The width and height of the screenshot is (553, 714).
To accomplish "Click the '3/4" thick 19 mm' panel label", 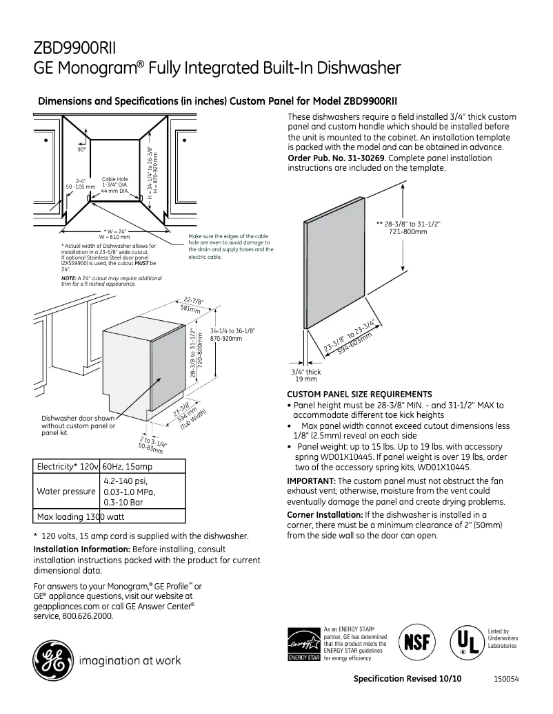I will coord(306,375).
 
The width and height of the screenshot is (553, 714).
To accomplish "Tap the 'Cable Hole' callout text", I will coord(114,178).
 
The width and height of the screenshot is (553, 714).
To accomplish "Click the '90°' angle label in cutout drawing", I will coord(81,149).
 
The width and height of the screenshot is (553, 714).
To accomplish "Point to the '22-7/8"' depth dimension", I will coord(193,301).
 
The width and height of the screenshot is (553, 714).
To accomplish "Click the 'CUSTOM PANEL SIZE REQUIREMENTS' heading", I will coord(359,395).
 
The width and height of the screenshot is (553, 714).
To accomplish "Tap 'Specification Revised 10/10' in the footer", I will coord(408,678).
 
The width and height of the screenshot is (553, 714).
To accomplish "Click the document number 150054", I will coord(505,678).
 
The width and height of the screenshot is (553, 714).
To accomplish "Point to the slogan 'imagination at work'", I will coord(130,660).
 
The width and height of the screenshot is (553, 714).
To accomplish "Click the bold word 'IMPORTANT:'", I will coord(310,480).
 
